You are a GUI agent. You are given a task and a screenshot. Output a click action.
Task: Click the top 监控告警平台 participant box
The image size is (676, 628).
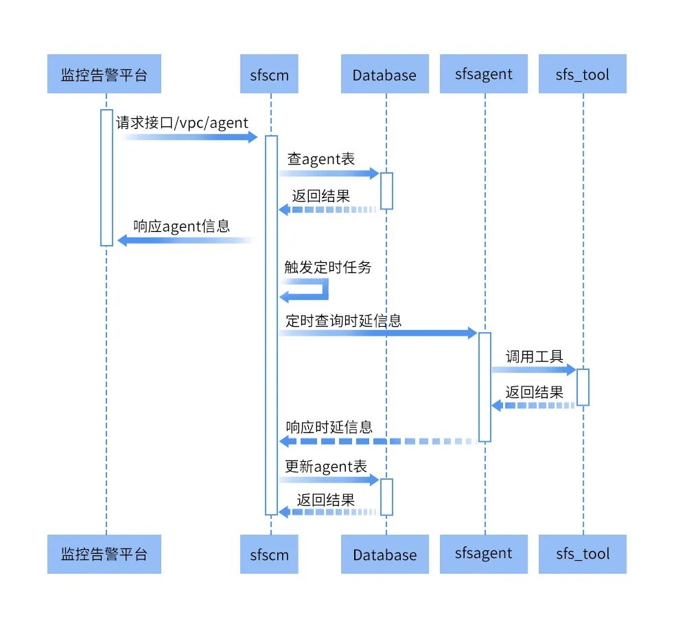point(104,74)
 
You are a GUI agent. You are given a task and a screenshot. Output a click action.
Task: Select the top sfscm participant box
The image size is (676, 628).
point(270,74)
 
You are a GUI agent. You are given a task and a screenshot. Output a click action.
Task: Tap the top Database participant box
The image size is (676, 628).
point(384,74)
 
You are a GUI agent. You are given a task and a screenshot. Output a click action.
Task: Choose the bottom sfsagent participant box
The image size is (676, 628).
point(484,553)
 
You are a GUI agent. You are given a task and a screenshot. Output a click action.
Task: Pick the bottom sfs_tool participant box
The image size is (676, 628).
point(583,553)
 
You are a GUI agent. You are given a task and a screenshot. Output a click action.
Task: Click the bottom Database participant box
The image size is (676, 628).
point(384,554)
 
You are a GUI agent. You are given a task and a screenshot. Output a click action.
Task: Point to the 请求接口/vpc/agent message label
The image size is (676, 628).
point(182,122)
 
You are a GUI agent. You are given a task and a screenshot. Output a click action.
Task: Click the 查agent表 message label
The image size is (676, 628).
point(320,159)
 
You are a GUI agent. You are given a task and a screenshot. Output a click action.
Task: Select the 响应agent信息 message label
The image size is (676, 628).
point(181,226)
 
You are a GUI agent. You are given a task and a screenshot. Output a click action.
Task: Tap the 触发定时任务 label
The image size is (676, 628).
point(328,267)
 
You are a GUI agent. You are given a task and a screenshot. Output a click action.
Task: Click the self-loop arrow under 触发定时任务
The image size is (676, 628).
point(306,289)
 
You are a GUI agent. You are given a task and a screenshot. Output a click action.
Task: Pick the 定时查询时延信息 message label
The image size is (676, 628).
point(343,320)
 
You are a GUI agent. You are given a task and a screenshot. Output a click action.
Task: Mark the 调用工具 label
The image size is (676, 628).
point(535,356)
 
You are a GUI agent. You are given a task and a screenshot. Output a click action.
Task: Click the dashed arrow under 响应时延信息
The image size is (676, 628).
point(377,441)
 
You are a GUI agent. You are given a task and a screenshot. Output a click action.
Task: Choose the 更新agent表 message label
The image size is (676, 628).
point(326,467)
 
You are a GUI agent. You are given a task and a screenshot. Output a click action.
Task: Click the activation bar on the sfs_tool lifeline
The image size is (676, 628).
point(583,387)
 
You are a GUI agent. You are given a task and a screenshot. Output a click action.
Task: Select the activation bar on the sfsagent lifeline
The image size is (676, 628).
point(485,386)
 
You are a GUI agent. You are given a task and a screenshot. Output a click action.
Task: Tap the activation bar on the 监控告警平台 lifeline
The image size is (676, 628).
point(106,177)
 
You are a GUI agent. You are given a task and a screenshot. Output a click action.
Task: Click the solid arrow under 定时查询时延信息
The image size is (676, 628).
point(377,333)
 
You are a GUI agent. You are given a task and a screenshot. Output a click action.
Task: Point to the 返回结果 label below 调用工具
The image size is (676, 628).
point(535,393)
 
